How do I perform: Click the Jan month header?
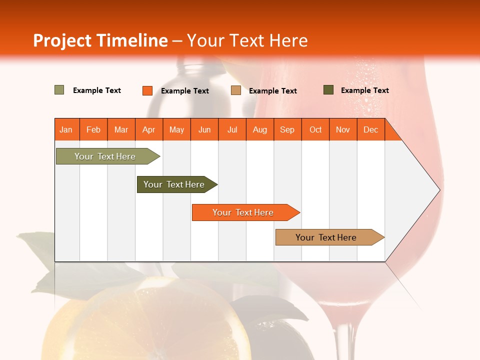66,129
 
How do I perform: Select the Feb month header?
93,129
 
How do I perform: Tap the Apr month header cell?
149,129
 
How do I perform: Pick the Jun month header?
204,129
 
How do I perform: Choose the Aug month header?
260,129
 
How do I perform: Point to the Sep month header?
287,129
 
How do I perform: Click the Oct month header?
315,129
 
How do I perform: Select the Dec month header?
371,129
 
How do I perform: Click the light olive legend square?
59,90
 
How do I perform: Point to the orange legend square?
147,90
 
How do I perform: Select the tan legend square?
236,90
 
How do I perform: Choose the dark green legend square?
328,90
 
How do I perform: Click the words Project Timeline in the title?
100,40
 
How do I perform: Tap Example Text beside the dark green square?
364,90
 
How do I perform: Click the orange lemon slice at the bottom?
150,325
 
